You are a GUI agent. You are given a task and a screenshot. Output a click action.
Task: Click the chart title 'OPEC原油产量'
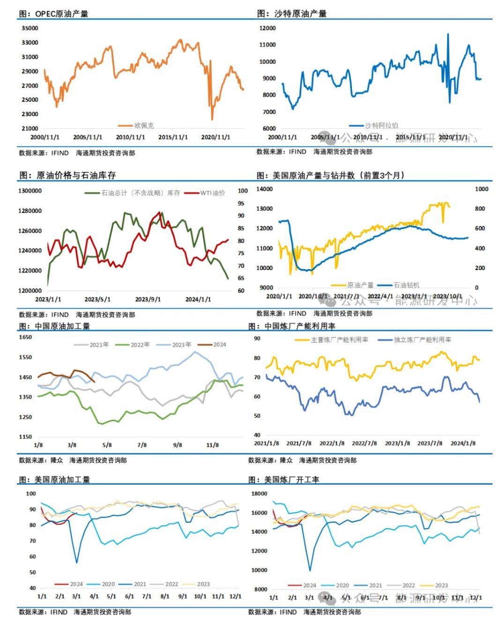[61, 14]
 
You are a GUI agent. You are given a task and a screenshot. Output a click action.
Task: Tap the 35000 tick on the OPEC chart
[30, 28]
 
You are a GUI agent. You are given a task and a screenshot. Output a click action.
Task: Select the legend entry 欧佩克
[143, 126]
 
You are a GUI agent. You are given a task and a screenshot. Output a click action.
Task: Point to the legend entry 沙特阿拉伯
[381, 126]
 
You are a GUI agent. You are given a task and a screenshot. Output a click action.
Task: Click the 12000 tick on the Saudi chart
[268, 28]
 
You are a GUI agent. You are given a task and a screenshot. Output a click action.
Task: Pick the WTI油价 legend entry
[212, 193]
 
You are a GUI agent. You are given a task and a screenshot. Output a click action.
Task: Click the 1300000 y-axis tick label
[30, 191]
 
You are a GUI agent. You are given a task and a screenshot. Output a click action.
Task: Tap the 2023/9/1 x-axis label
[148, 299]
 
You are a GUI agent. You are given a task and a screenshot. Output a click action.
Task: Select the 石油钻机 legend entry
[406, 285]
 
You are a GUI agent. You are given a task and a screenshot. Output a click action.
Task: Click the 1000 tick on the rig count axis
[481, 189]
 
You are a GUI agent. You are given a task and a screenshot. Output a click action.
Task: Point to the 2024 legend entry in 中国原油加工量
[219, 345]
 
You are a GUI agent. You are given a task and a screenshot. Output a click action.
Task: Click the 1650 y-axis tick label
[25, 337]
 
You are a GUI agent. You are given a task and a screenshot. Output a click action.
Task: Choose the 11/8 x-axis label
[213, 445]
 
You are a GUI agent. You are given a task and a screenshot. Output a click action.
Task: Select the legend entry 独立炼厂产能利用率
[422, 339]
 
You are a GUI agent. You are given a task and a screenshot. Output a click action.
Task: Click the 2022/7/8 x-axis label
[365, 443]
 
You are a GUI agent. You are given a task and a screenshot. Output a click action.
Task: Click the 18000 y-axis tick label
[259, 494]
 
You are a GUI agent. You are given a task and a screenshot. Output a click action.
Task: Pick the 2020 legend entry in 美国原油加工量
[108, 584]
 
